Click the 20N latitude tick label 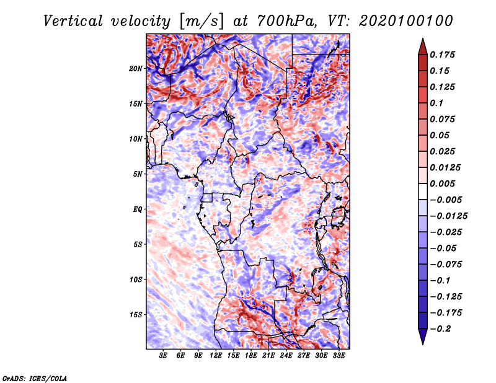click(136, 69)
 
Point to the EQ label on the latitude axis click(138, 209)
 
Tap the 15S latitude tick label click(136, 315)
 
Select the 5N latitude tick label click(138, 174)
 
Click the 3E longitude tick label click(163, 356)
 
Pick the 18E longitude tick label click(251, 356)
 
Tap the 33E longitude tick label click(339, 356)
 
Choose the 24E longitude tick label click(286, 356)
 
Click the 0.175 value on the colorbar click(443, 55)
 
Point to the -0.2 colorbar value click(440, 329)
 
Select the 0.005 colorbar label click(443, 183)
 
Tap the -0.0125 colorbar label click(448, 216)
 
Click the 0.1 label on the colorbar click(437, 103)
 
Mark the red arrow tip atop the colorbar click(423, 39)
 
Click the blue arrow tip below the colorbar click(423, 343)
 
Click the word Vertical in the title click(73, 21)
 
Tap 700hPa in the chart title click(286, 21)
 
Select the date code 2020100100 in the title click(406, 21)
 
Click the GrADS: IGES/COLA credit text click(35, 378)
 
